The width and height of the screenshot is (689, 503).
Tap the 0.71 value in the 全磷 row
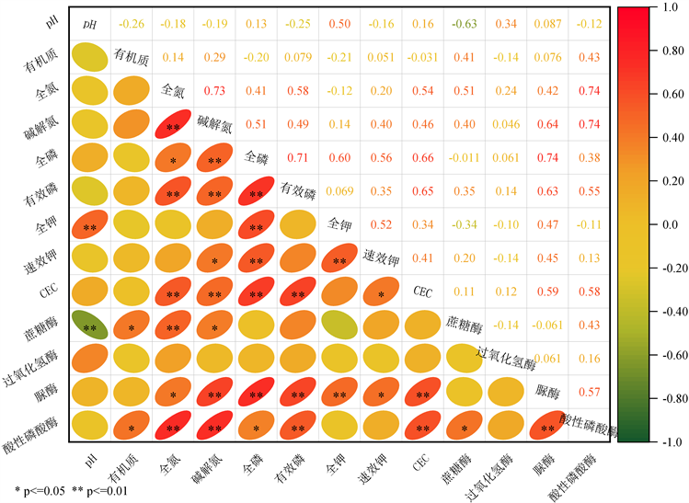point(298,158)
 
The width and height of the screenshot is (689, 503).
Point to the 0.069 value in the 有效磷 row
point(339,191)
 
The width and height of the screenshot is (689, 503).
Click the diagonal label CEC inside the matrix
point(422,292)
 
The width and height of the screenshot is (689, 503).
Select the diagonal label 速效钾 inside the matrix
point(380,257)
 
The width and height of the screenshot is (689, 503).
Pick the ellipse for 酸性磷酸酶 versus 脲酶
point(547,427)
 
